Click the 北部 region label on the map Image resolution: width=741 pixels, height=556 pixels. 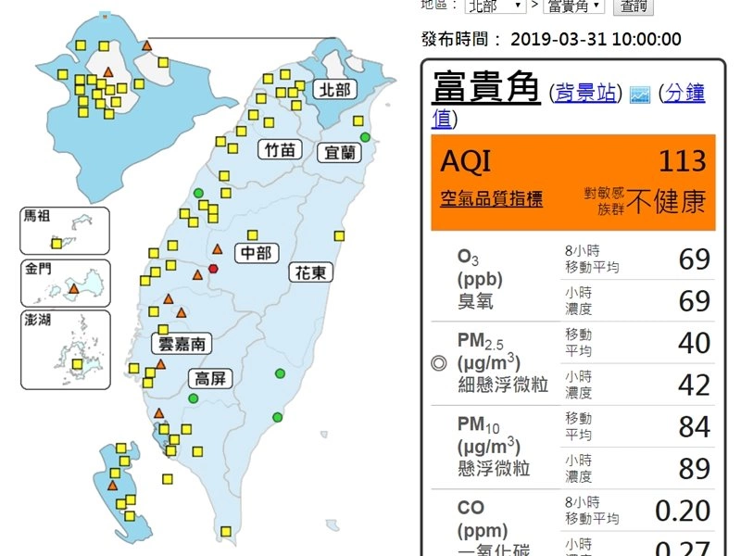pos(333,89)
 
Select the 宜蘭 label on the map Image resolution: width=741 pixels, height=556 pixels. pos(339,152)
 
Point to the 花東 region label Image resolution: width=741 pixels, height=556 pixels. pos(310,273)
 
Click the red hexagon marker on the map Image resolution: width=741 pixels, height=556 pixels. pos(214,269)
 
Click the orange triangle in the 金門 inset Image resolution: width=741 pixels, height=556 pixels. pos(74,288)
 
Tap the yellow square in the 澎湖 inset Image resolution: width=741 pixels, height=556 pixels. pos(78,364)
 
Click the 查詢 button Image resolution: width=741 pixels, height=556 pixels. pos(634,6)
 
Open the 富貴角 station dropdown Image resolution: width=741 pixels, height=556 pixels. pos(574,6)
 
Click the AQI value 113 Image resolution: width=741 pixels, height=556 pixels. pos(683,160)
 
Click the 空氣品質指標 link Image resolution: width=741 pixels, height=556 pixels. pos(492,199)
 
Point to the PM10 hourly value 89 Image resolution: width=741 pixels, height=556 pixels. pos(694,469)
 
